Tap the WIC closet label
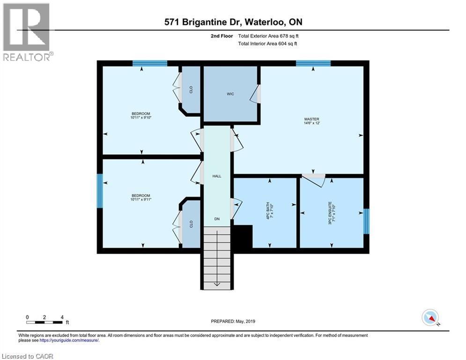pyautogui.click(x=230, y=94)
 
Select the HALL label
pyautogui.click(x=216, y=176)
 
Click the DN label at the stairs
pyautogui.click(x=216, y=219)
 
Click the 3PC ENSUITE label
pyautogui.click(x=332, y=213)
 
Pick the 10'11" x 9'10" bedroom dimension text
pyautogui.click(x=141, y=118)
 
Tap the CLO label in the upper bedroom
pyautogui.click(x=191, y=90)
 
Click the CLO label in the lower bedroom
pyautogui.click(x=191, y=224)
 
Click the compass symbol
pyautogui.click(x=429, y=318)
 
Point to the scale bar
pyautogui.click(x=44, y=322)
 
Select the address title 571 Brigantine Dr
pyautogui.click(x=233, y=22)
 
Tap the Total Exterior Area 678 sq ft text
pyautogui.click(x=267, y=36)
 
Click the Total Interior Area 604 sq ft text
pyautogui.click(x=267, y=44)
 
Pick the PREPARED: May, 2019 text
pyautogui.click(x=233, y=321)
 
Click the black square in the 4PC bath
pyautogui.click(x=243, y=237)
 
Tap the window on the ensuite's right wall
pyautogui.click(x=367, y=221)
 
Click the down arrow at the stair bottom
pyautogui.click(x=216, y=283)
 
